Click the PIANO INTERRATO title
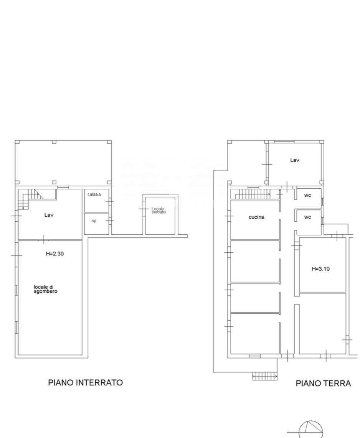(86, 382)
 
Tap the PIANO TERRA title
(324, 383)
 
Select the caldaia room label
(94, 194)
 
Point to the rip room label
(94, 221)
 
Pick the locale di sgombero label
(46, 289)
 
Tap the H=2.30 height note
(55, 254)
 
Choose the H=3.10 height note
(320, 269)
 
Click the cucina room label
(256, 217)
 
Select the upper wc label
(307, 195)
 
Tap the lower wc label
(307, 217)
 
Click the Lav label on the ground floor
(295, 160)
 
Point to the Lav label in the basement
(49, 215)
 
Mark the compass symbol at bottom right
(311, 429)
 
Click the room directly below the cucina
(254, 261)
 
